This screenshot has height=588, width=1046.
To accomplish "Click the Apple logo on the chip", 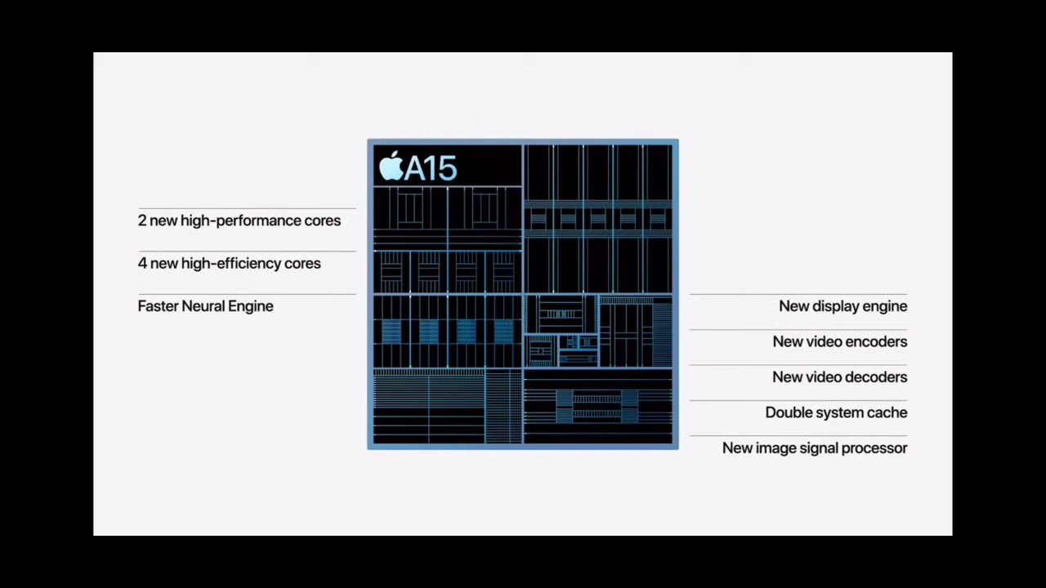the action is point(391,166).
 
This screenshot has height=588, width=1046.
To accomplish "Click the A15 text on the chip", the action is point(431,168).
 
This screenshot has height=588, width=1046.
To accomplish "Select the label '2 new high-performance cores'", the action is point(239,220).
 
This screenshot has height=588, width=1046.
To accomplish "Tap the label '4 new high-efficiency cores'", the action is point(229,263).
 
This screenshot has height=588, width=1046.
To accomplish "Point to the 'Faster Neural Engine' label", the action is point(205,306).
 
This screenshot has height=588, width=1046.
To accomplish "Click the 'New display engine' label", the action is point(843,306).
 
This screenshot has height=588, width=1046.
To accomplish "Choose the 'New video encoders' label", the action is point(839,341).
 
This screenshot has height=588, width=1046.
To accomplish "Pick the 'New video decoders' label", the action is point(839,377).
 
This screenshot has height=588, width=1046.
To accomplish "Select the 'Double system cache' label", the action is point(836,412).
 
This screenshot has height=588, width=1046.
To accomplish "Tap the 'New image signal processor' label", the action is point(815,448).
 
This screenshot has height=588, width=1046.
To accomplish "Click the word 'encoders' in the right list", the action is point(877,341).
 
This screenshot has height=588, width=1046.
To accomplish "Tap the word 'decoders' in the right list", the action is point(877,377).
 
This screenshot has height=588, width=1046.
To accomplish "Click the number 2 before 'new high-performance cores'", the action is point(142,220).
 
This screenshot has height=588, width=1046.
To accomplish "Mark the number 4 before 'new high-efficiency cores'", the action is point(142,263).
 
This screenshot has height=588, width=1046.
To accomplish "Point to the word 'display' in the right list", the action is point(835,306).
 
